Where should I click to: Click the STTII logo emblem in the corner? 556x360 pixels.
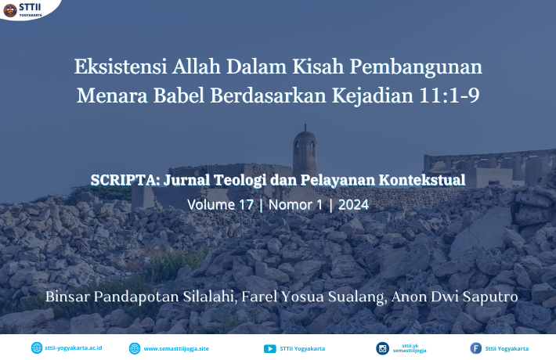[x=10, y=10]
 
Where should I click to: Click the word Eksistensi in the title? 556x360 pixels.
[x=121, y=67]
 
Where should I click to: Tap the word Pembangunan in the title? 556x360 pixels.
[x=416, y=67]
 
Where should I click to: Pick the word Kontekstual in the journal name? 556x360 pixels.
[x=422, y=180]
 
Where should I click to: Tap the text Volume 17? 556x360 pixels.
[x=221, y=205]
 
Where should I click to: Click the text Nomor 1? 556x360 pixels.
[x=295, y=205]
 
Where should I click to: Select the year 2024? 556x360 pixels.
[x=353, y=205]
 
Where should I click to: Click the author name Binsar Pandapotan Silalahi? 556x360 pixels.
[x=141, y=297]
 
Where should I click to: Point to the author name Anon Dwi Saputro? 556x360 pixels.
[x=454, y=297]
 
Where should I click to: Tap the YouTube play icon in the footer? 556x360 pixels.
[x=270, y=349]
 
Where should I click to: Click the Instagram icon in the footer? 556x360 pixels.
[x=383, y=349]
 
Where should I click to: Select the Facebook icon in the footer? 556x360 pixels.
[x=476, y=348]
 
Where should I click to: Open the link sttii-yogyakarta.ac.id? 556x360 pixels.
[x=74, y=348]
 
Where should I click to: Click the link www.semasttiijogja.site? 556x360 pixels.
[x=176, y=349]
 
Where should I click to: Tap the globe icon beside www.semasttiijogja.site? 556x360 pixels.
[x=135, y=349]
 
